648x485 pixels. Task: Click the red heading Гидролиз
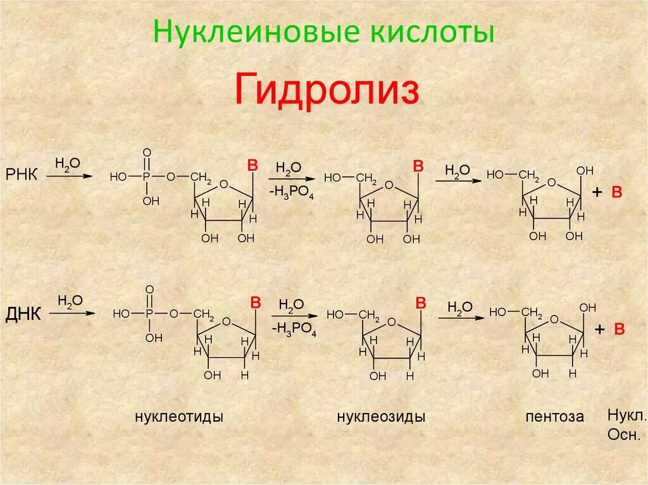click(327, 90)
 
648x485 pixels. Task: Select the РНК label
click(22, 175)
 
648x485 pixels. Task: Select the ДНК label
click(23, 313)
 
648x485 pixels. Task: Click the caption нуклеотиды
click(178, 417)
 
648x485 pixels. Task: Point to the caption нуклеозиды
click(381, 417)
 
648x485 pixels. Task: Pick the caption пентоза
click(554, 417)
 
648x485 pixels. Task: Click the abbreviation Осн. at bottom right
click(624, 435)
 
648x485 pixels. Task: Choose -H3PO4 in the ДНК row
click(294, 329)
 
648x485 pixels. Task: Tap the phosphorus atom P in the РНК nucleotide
click(147, 177)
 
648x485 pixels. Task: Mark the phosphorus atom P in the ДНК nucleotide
click(149, 313)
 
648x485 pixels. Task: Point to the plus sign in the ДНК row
click(599, 329)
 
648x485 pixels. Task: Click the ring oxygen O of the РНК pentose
click(552, 183)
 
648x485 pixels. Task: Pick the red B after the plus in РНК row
click(617, 193)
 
